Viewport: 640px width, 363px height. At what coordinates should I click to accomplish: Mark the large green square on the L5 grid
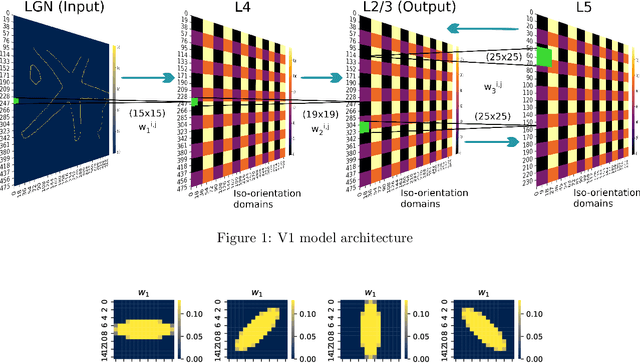pyautogui.click(x=543, y=56)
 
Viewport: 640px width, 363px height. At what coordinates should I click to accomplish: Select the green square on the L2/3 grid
pyautogui.click(x=366, y=127)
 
